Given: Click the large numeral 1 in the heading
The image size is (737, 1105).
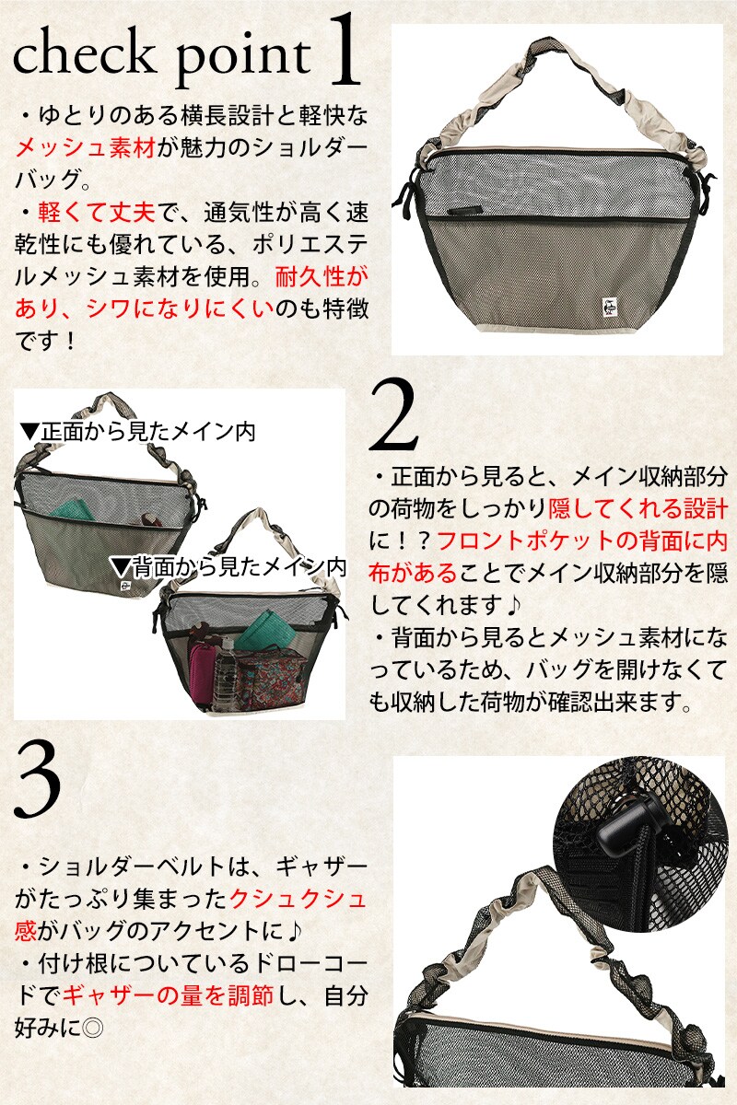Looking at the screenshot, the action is (x=344, y=52).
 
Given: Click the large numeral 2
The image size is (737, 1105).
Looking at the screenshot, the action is (x=394, y=416).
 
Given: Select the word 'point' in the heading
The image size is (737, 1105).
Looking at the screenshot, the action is (x=243, y=61).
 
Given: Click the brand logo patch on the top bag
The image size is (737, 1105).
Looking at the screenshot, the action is (x=609, y=308).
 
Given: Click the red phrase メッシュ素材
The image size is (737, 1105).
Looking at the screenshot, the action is (x=86, y=147).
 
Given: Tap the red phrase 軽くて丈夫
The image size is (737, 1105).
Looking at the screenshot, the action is (x=97, y=213).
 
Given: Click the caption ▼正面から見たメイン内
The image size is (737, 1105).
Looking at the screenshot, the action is (x=138, y=432).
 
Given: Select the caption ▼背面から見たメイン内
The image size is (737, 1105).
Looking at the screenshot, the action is (x=229, y=568).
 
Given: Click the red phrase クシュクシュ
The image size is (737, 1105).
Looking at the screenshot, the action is (x=298, y=899).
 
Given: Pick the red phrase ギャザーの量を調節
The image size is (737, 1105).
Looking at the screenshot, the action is (x=168, y=995).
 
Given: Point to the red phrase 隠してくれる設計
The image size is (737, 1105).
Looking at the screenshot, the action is (x=638, y=508).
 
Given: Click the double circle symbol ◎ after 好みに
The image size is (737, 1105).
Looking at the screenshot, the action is (x=92, y=1028).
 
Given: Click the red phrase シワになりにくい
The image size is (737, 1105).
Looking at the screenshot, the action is (x=180, y=309).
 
